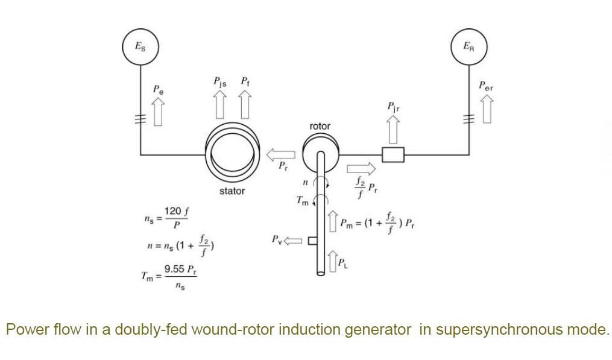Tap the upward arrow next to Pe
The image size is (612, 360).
[158, 113]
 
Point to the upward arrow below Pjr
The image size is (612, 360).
[393, 128]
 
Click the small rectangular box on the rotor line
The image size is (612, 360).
[393, 154]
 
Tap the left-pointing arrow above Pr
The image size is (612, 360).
[281, 154]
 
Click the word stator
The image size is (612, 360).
[232, 191]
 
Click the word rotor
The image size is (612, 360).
[320, 127]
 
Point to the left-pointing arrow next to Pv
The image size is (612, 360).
[292, 241]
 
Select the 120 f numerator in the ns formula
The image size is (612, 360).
[177, 212]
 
